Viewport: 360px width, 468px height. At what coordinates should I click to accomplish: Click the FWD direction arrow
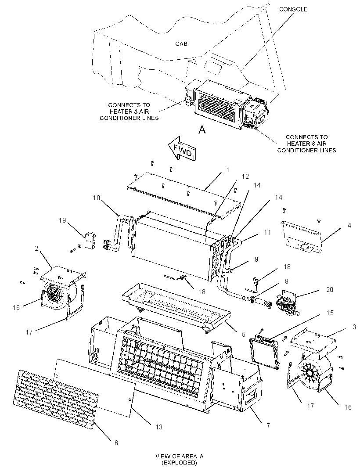tap(182, 148)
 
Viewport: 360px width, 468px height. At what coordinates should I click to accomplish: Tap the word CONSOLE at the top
tap(293, 9)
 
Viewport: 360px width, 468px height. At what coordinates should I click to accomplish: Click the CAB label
tap(181, 43)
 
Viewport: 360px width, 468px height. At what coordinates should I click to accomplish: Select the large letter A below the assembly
tap(202, 130)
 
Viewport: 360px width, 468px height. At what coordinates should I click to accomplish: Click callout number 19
tap(62, 220)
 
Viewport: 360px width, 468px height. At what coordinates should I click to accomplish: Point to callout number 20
tap(330, 289)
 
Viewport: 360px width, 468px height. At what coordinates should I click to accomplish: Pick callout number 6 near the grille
tap(116, 443)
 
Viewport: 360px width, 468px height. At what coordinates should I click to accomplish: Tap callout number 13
tap(159, 427)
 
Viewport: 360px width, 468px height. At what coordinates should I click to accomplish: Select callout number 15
tap(330, 313)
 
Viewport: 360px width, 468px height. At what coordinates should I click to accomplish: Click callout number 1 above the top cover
tap(228, 170)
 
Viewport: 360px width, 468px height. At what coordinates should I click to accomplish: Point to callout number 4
tap(349, 225)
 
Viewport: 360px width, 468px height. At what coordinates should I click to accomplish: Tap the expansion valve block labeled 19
tap(89, 240)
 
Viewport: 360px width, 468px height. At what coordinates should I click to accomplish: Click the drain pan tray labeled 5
tap(176, 307)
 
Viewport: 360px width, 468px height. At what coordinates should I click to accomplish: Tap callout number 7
tap(268, 425)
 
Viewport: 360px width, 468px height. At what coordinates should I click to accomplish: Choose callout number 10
tap(96, 198)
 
